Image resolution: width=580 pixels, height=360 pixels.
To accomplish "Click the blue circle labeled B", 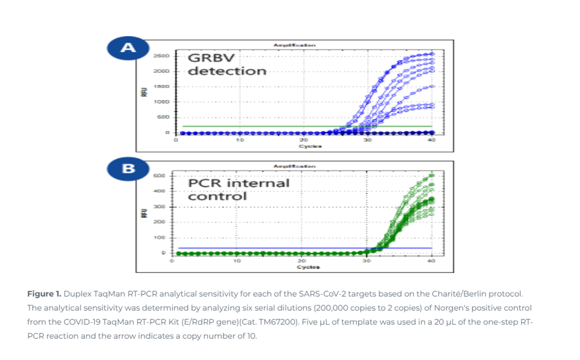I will pos(128,168).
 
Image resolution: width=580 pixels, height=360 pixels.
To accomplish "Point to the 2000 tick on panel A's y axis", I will pos(161,71).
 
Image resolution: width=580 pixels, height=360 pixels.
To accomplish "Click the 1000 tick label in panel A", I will pos(161,102).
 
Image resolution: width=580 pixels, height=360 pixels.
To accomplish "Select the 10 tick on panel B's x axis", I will pos(237,261).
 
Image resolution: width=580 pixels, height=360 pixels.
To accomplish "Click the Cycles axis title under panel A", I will pos(310,146).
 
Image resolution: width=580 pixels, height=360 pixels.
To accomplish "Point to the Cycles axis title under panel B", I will pos(308,267).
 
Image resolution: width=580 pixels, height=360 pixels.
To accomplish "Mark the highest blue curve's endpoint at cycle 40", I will pos(431,54).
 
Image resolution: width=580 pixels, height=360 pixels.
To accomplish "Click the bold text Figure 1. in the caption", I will pos(44,294).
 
